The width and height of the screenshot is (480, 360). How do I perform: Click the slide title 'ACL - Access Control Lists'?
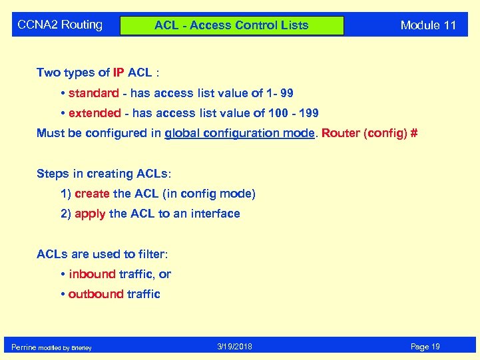coord(231,25)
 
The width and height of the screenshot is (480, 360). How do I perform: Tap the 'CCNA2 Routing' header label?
coord(60,25)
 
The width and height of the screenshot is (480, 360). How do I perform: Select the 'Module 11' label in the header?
coord(428,25)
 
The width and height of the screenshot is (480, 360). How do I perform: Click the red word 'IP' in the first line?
coord(122,73)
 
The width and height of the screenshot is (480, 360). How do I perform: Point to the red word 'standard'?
coord(93,93)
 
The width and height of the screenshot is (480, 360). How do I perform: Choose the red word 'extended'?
coord(95,113)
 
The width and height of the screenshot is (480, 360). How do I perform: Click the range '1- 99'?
coord(280,93)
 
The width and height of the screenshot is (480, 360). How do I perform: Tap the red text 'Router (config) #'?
coord(369,133)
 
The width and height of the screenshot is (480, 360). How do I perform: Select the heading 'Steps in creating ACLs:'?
coord(103,174)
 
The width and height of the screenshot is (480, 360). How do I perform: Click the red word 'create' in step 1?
coord(92,194)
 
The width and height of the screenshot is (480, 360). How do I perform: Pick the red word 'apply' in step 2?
coord(90,214)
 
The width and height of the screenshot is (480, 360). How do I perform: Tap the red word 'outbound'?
coord(96,294)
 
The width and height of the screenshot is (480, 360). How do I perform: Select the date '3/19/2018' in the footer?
coord(234,347)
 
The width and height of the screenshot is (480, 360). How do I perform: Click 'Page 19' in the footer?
coord(425,347)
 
